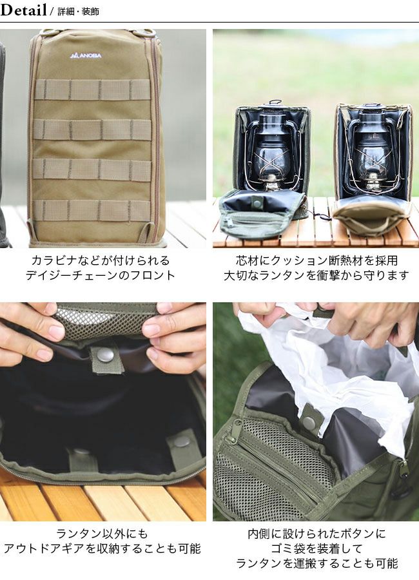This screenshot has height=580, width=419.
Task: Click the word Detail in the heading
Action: pyautogui.click(x=23, y=10)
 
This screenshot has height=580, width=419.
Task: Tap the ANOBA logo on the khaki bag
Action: pyautogui.click(x=86, y=56)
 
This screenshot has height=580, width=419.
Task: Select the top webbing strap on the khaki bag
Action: pyautogui.click(x=93, y=90)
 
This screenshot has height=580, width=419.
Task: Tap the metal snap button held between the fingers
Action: pyautogui.click(x=106, y=355)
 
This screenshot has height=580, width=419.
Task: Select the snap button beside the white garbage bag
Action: pyautogui.click(x=308, y=422)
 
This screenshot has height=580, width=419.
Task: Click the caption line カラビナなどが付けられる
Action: pyautogui.click(x=101, y=260)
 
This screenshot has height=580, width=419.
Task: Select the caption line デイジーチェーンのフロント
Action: pyautogui.click(x=101, y=275)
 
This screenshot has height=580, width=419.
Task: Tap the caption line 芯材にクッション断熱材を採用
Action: pyautogui.click(x=317, y=260)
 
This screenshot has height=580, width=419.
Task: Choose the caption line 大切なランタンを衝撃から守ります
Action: pyautogui.click(x=317, y=275)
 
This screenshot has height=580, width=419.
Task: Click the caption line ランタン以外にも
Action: pyautogui.click(x=102, y=534)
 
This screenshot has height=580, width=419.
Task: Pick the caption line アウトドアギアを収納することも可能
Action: pyautogui.click(x=102, y=548)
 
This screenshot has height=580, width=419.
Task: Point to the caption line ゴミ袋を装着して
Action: pyautogui.click(x=317, y=548)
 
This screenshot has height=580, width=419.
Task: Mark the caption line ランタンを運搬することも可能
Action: pyautogui.click(x=317, y=563)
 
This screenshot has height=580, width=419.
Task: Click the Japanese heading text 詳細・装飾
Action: pyautogui.click(x=78, y=12)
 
